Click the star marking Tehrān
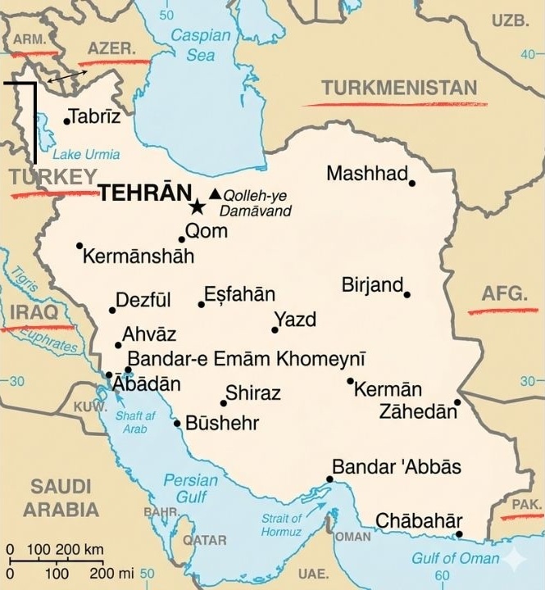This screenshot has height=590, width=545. [197, 206]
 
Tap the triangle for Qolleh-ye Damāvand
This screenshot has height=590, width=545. [215, 194]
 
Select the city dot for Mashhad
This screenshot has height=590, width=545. [412, 183]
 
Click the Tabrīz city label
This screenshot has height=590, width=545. [95, 116]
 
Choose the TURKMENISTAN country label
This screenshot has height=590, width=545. [399, 88]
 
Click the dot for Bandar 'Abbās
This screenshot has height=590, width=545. [329, 479]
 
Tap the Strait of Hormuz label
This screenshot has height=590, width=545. [282, 524]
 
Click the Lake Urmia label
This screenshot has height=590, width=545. [85, 154]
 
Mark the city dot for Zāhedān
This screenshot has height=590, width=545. [458, 402]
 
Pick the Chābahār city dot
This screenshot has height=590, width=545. [459, 535]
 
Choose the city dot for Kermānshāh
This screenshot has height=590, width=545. [79, 246]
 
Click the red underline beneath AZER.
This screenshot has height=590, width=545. [115, 62]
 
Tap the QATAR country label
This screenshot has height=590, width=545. [204, 541]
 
